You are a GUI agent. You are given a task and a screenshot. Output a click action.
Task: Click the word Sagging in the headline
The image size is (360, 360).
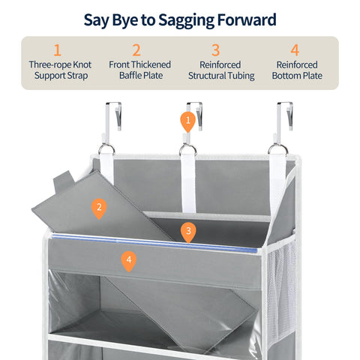coord(186,21)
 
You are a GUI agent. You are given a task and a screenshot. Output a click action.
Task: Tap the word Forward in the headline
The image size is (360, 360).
coord(247,19)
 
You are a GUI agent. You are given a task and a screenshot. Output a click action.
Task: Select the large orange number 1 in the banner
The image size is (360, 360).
coord(58,50)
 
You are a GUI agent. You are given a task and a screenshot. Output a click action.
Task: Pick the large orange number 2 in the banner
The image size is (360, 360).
coord(136,50)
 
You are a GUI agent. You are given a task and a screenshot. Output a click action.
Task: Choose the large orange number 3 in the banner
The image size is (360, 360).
coord(215,50)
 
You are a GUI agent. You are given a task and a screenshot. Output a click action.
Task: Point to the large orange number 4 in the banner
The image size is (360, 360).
coord(295,50)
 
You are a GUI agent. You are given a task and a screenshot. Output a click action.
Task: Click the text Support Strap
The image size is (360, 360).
coord(61,76)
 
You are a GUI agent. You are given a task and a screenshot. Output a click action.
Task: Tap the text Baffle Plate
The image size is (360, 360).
coord(141,75)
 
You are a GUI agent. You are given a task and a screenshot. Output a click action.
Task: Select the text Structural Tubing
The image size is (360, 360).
coord(221,76)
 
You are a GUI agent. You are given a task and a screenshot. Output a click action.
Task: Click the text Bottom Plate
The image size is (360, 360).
coord(297,75)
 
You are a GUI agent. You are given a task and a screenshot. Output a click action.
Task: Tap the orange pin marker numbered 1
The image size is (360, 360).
coord(187,121)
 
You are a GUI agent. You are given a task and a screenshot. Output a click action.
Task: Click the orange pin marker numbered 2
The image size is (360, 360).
coord(99,208)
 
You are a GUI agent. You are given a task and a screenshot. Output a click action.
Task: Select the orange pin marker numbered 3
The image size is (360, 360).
coord(188,232)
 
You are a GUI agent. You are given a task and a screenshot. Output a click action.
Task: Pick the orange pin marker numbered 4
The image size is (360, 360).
coord(129,262)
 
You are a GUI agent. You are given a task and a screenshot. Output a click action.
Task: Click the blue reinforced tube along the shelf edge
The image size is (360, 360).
coord(154,243)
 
